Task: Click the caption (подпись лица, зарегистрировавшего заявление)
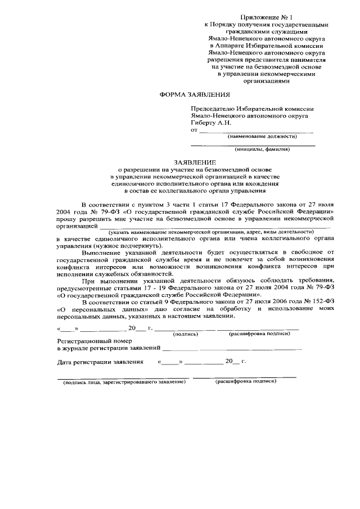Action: (124, 382)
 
